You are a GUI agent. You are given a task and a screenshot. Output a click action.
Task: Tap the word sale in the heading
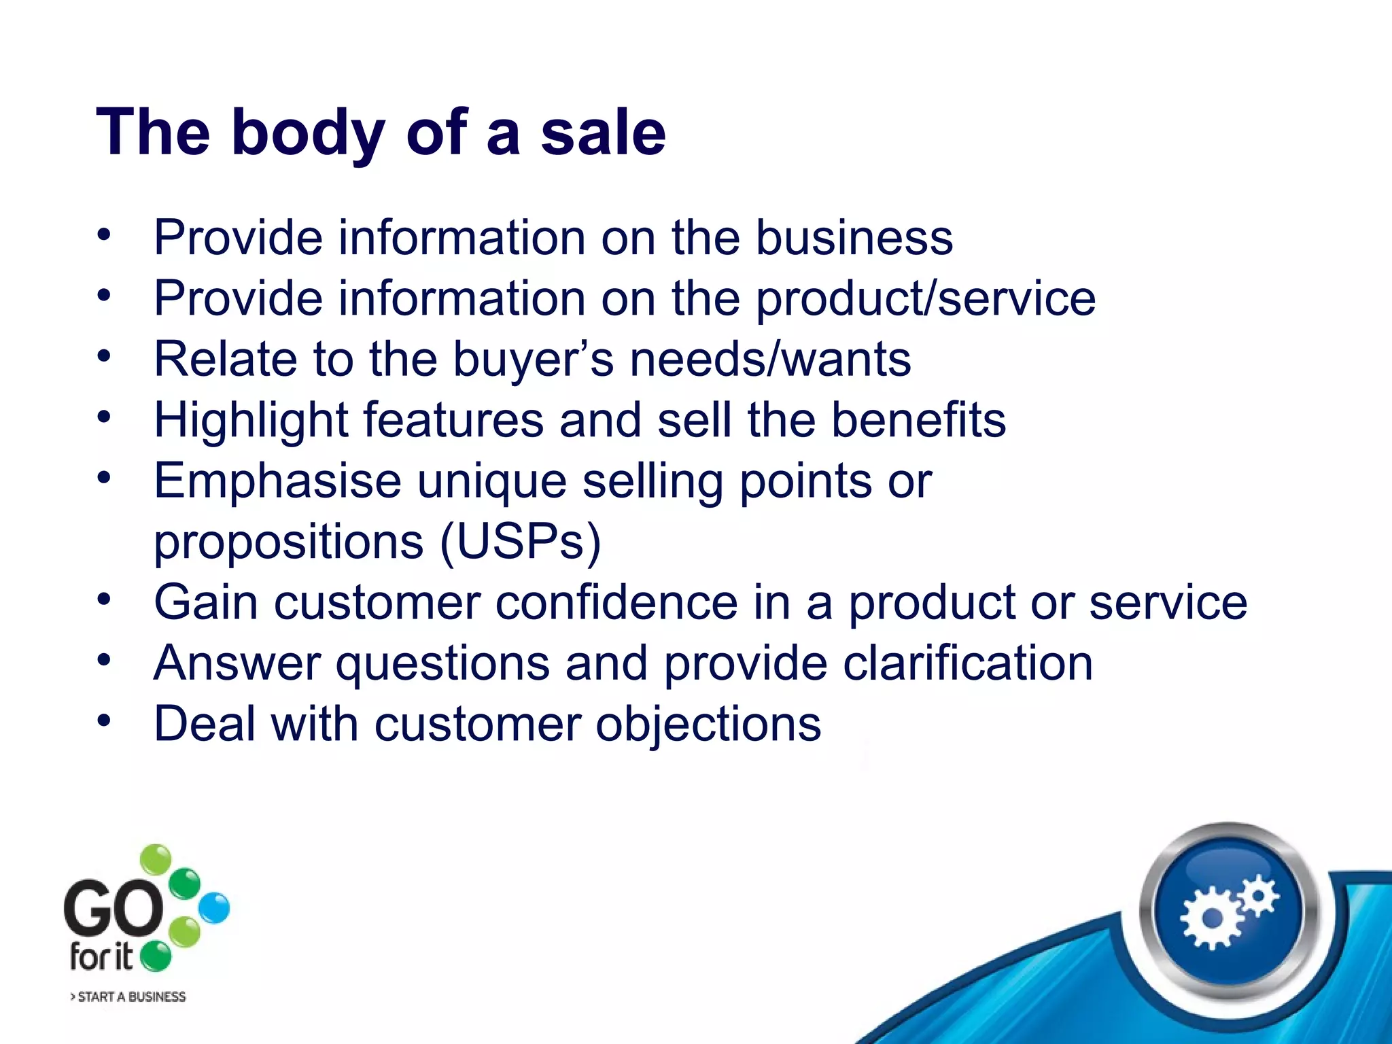(603, 133)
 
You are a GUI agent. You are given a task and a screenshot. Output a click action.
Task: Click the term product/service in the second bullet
(926, 299)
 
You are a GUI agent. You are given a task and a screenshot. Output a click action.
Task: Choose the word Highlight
(251, 421)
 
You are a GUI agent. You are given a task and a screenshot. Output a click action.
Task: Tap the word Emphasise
(277, 481)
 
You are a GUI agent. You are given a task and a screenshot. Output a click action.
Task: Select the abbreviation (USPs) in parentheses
(521, 542)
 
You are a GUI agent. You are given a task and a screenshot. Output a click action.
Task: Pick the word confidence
(616, 603)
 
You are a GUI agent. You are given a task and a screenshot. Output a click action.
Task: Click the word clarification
(968, 663)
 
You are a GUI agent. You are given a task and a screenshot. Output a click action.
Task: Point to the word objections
(708, 725)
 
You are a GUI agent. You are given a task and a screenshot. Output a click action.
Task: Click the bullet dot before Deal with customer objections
(103, 720)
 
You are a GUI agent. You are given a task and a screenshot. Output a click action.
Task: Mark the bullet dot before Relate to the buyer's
(103, 355)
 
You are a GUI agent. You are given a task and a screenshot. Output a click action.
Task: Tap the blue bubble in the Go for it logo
(215, 908)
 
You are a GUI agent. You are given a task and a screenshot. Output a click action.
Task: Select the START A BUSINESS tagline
(128, 996)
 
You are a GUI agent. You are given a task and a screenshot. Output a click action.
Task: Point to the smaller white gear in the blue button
(1258, 896)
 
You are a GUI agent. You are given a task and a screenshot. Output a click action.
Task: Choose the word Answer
(237, 663)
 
